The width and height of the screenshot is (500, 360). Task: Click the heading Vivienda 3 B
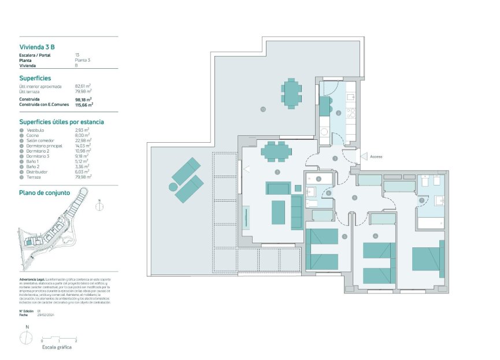coord(37,47)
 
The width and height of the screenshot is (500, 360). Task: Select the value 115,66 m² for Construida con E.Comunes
coord(84,105)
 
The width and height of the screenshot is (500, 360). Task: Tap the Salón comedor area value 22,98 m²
coord(83,140)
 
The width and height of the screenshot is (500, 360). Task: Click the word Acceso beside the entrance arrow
coord(376,157)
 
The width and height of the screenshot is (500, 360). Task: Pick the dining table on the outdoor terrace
coord(292,92)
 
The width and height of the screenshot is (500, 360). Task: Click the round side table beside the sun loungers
coord(172,187)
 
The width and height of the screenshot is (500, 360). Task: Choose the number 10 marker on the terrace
coord(262,109)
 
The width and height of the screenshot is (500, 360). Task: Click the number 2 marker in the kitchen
coord(338,113)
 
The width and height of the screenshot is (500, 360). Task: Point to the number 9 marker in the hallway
coord(354,198)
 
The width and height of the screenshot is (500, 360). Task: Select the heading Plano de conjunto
coord(45,192)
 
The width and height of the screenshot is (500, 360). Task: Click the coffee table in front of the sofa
coord(278,212)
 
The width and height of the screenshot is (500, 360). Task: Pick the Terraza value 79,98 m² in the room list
coord(83,177)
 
